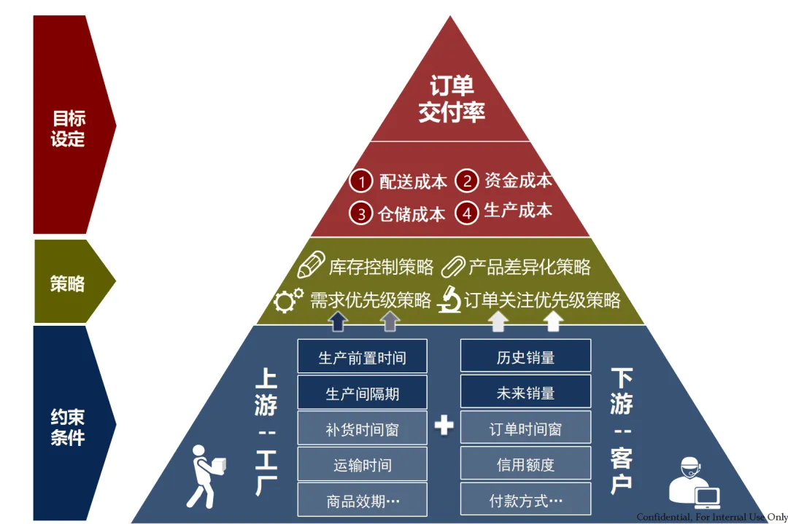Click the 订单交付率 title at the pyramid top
pos(451,99)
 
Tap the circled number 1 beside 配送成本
pos(360,181)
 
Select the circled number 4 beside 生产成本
pos(467,213)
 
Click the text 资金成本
pos(518,181)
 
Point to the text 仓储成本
pos(412,214)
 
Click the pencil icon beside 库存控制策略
pos(312,265)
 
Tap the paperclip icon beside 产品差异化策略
pos(452,267)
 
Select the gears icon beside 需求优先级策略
pos(288,300)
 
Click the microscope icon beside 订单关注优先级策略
pos(448,300)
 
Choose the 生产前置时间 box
pos(362,357)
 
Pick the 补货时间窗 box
pos(362,429)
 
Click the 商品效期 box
pos(362,501)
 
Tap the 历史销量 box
pos(525,357)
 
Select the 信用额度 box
pos(525,464)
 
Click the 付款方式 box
pos(525,501)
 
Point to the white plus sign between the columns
pos(444,425)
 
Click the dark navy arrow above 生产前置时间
pos(336,321)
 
